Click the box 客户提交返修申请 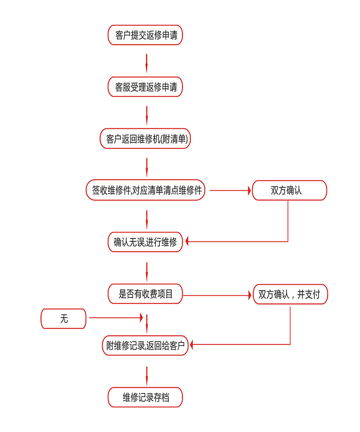pyautogui.click(x=145, y=35)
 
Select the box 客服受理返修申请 pyautogui.click(x=145, y=87)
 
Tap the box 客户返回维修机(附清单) pyautogui.click(x=145, y=139)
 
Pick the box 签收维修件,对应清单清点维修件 pyautogui.click(x=145, y=191)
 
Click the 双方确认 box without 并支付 pyautogui.click(x=289, y=191)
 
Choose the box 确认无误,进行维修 pyautogui.click(x=145, y=242)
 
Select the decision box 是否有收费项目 pyautogui.click(x=145, y=294)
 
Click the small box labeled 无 pyautogui.click(x=63, y=319)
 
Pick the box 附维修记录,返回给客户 pyautogui.click(x=145, y=346)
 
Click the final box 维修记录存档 pyautogui.click(x=145, y=397)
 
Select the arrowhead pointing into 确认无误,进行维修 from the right pyautogui.click(x=188, y=241)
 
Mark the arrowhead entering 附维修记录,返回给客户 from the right pyautogui.click(x=193, y=345)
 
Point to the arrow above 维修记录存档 pyautogui.click(x=147, y=375)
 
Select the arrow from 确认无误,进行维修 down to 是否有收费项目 pyautogui.click(x=147, y=271)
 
